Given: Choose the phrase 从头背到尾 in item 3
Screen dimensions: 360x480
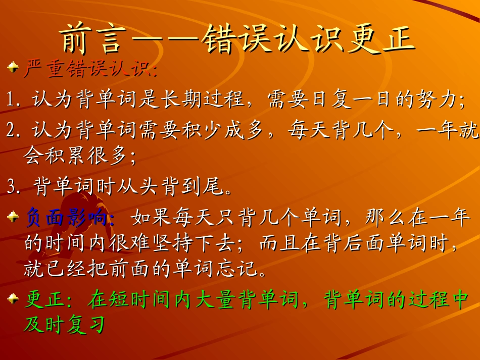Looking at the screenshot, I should [x=174, y=187].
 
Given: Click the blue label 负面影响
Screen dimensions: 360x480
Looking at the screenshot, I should [x=66, y=219].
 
